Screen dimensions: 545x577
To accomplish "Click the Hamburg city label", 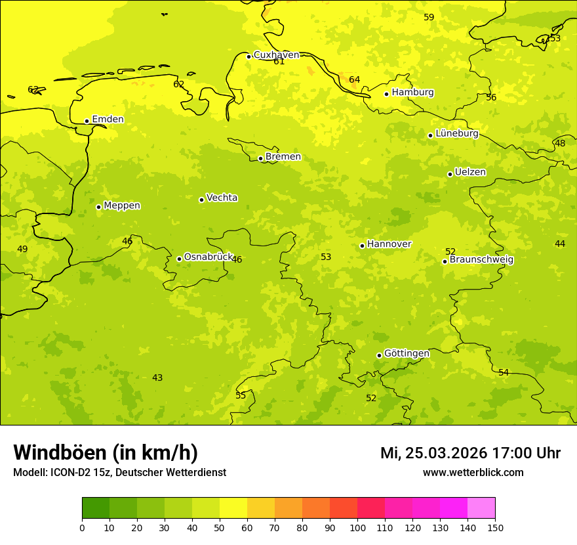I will (412, 93).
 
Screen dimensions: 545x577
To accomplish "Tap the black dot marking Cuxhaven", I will (249, 56).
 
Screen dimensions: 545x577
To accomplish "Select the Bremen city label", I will (283, 157).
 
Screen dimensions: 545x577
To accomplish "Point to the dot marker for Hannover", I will (362, 246).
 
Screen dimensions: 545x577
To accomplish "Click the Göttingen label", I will (407, 353).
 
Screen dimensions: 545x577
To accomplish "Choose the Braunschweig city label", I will (481, 260).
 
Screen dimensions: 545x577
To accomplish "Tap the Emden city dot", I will (87, 121).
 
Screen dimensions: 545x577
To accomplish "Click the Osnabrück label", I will (208, 257).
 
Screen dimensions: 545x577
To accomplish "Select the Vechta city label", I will (222, 198).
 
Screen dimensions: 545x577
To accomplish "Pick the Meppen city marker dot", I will (98, 207).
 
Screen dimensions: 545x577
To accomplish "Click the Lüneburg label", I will (456, 133).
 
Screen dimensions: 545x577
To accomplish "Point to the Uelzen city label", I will (470, 173).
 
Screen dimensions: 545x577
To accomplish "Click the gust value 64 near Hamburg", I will (354, 80).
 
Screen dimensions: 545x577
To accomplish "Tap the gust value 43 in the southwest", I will (157, 378).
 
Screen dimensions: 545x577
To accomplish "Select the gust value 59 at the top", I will (429, 17).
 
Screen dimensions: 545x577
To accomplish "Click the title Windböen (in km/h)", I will (106, 452).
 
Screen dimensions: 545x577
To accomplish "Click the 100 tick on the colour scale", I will (357, 527).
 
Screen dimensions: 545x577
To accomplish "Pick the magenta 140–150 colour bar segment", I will (481, 508).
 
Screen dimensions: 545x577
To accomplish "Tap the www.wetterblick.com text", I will (473, 473).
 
